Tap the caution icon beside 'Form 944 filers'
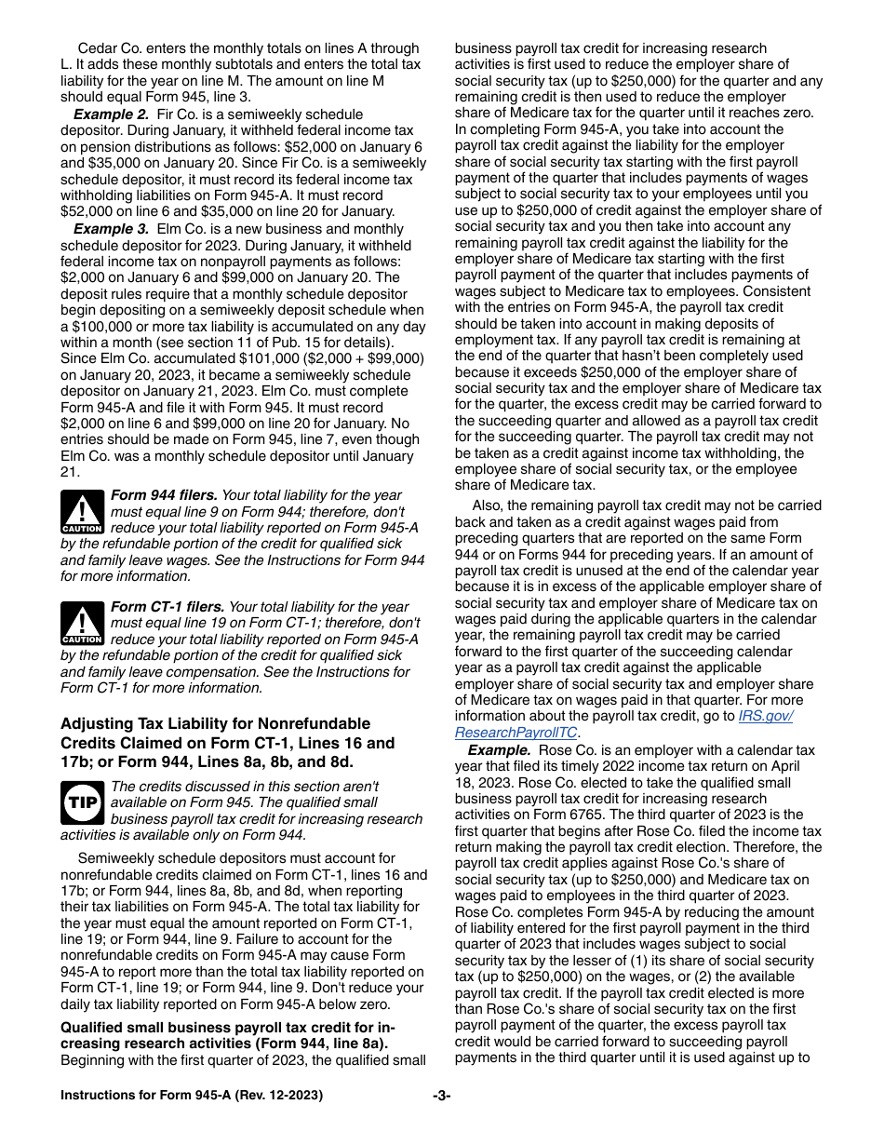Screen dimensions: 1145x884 (x=82, y=512)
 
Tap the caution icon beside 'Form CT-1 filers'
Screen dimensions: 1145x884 (x=82, y=623)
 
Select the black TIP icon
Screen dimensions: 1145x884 (x=82, y=801)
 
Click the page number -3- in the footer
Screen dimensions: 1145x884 (x=442, y=1096)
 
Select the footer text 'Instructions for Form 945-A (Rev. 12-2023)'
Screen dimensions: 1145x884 (x=192, y=1096)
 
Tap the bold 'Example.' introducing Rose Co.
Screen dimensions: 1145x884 (x=499, y=750)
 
